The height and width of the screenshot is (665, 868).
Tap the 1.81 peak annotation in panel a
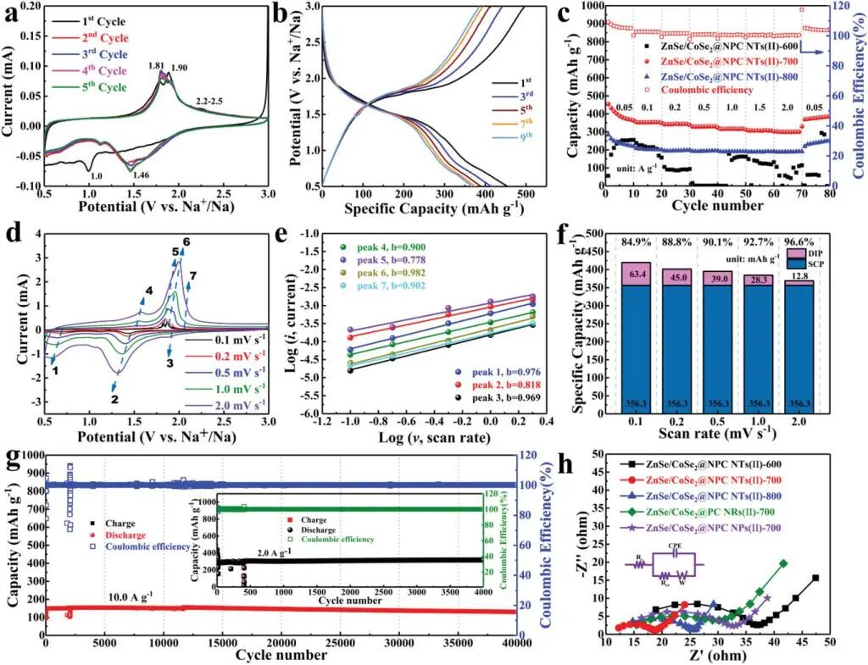[x=156, y=64]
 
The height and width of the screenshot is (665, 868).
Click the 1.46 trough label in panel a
[x=140, y=175]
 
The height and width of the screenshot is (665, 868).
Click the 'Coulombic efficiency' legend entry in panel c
[x=710, y=90]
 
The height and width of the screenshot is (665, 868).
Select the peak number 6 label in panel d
[x=186, y=241]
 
